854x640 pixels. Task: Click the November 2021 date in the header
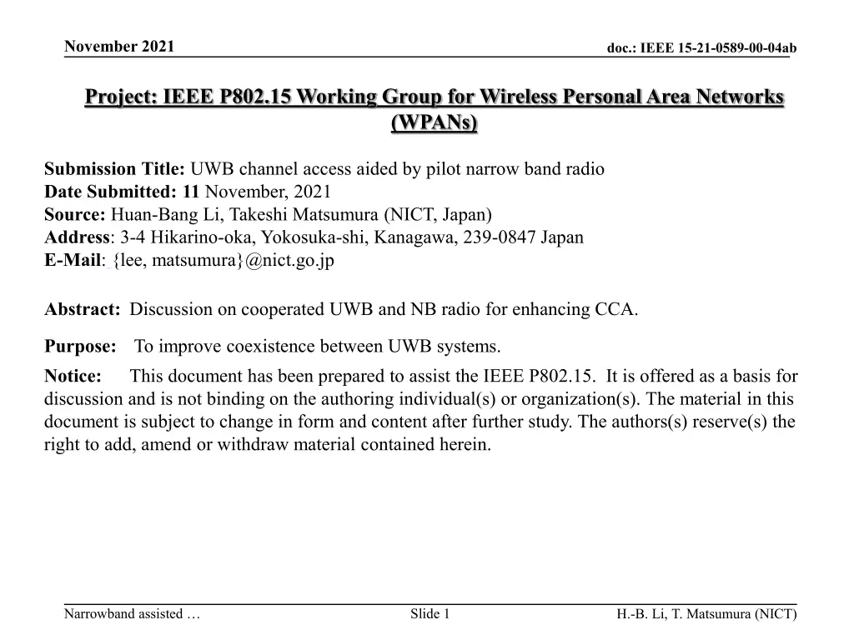[119, 46]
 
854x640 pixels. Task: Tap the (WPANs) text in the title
[434, 123]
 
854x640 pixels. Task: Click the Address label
[77, 237]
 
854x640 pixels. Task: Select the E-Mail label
[73, 260]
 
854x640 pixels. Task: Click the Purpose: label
[80, 346]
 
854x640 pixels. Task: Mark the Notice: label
[73, 376]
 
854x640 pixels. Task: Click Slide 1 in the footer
[430, 615]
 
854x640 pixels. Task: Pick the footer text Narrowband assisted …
[132, 615]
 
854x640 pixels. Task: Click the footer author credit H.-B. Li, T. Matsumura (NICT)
[706, 615]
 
